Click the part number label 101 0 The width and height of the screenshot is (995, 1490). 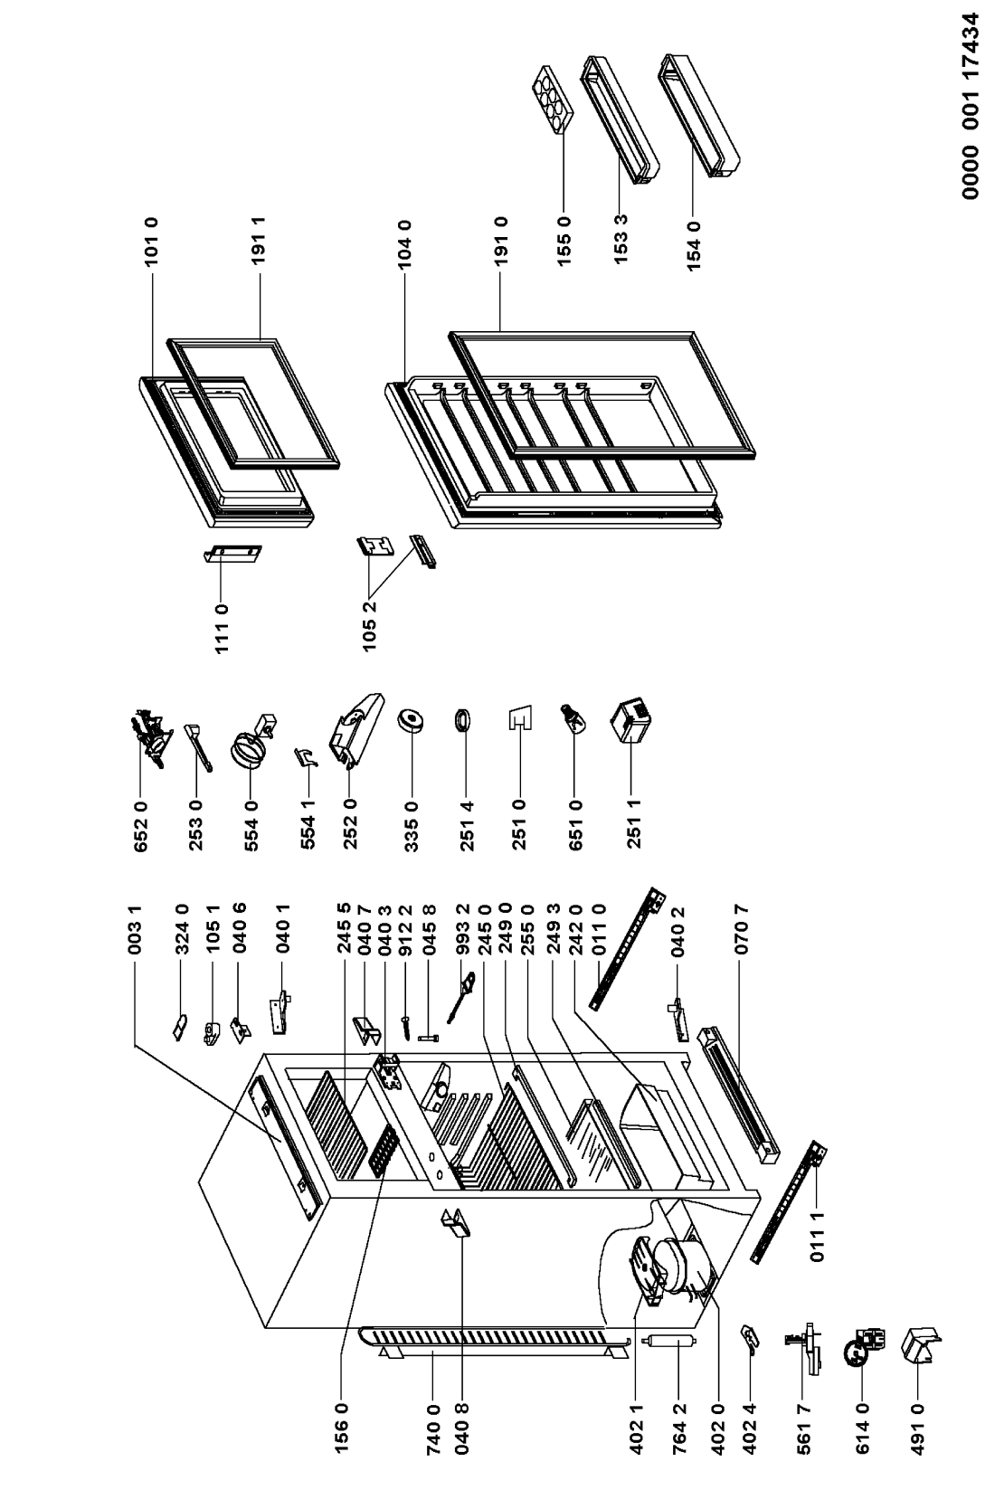point(151,242)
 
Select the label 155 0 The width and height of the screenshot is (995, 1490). point(564,242)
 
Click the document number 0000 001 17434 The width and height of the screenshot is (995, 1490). point(971,106)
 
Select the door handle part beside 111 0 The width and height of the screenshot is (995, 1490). point(232,554)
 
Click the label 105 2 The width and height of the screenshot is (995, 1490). point(370,626)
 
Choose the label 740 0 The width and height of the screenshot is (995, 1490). point(433,1438)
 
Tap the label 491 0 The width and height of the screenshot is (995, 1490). point(917,1438)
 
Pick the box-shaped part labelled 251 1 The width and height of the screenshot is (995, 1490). point(630,720)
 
